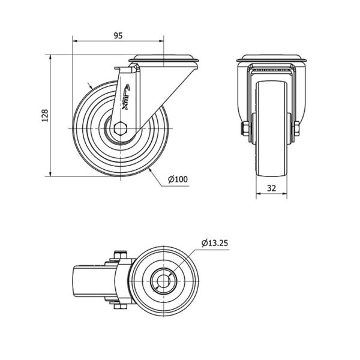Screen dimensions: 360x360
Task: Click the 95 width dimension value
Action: pyautogui.click(x=118, y=35)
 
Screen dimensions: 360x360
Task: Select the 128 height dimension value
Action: pyautogui.click(x=45, y=115)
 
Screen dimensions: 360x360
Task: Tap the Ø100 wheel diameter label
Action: pyautogui.click(x=178, y=179)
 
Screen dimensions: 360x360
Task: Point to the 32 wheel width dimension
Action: pyautogui.click(x=271, y=188)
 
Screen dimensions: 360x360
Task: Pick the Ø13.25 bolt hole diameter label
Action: pyautogui.click(x=215, y=242)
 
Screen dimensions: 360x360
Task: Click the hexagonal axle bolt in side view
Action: pyautogui.click(x=120, y=128)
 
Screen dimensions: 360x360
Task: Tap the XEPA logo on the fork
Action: pyautogui.click(x=126, y=97)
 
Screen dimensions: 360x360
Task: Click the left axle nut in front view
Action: pyautogui.click(x=245, y=128)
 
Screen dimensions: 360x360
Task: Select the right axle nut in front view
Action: pyautogui.click(x=296, y=128)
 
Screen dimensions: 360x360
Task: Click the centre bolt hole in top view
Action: pyautogui.click(x=163, y=281)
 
